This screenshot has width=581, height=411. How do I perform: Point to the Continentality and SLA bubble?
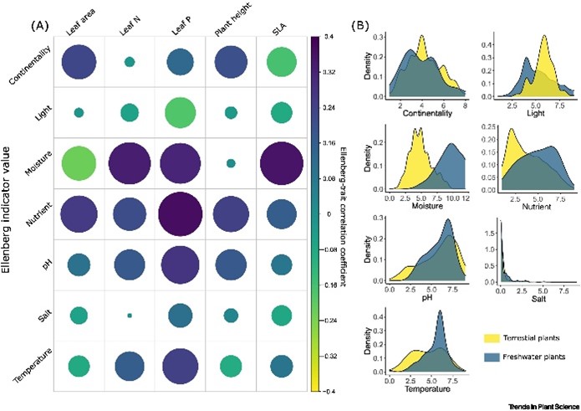tap(283, 62)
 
